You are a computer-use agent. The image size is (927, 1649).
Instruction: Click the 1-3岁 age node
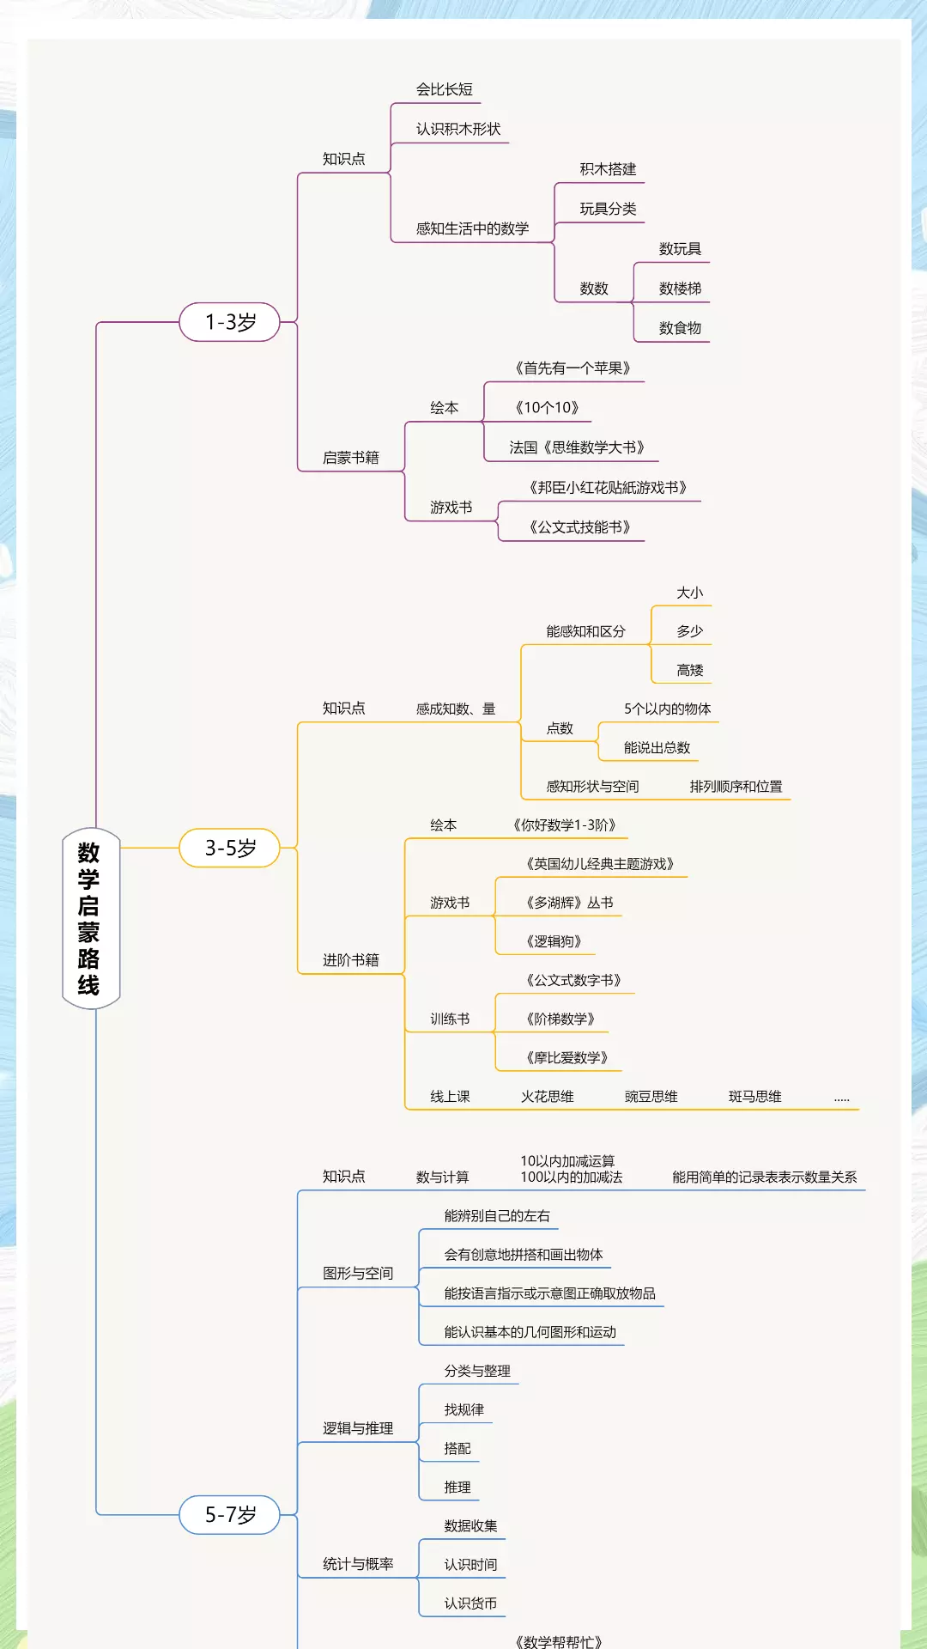point(230,322)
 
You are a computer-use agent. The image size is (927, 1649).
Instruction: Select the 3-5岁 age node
point(230,848)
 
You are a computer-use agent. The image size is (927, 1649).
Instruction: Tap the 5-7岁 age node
point(230,1514)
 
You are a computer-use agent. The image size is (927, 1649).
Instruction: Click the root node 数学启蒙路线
point(90,918)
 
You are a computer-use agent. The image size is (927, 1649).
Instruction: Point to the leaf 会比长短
point(444,89)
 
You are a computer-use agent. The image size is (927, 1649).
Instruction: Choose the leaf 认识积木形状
point(457,129)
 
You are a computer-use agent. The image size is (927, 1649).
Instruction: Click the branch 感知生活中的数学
point(472,228)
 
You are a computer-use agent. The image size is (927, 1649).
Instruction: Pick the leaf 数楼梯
point(680,289)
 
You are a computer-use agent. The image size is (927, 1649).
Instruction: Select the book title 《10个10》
point(547,408)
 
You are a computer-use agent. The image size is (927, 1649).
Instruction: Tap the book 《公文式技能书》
point(579,527)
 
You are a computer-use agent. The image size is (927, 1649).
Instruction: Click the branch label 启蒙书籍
point(350,458)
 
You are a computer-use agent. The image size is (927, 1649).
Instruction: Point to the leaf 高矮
point(689,670)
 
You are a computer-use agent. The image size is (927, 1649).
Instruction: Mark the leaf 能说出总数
point(657,747)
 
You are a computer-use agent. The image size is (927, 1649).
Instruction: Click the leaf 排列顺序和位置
point(736,786)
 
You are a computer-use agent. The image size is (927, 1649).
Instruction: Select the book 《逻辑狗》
point(554,941)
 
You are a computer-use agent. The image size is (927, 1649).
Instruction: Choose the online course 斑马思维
point(754,1097)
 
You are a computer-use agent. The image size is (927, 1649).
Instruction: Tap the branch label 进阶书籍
point(350,960)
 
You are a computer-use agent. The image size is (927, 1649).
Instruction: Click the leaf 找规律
point(463,1409)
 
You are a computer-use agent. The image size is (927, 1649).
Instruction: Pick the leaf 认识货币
point(470,1603)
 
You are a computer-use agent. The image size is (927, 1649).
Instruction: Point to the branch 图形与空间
point(357,1273)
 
